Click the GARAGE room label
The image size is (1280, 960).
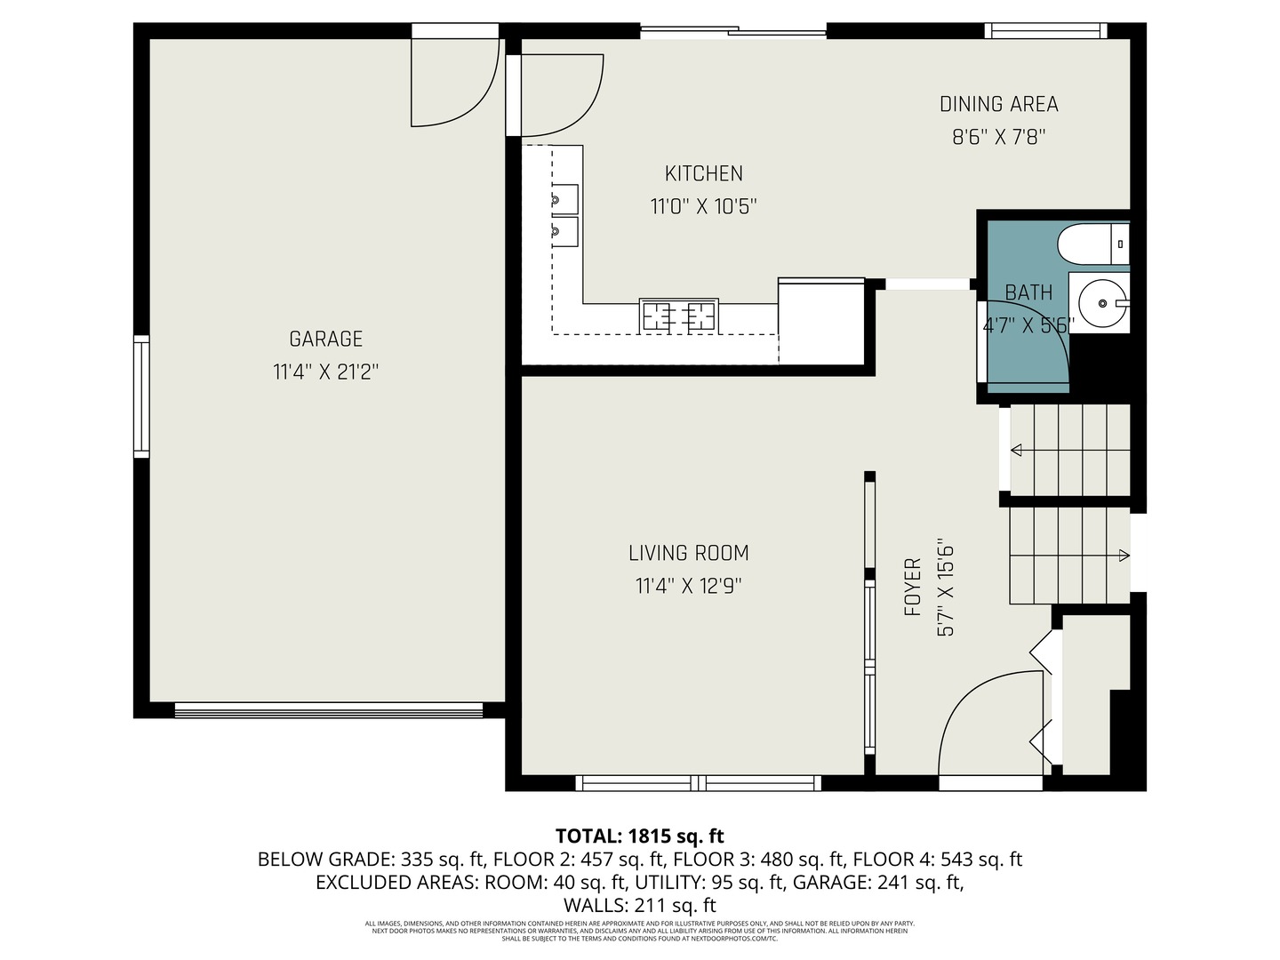pos(325,339)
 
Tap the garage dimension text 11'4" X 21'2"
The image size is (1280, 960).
pos(325,372)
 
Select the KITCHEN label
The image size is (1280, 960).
pos(703,173)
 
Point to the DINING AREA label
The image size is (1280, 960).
pos(998,104)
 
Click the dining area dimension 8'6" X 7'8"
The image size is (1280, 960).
pos(998,138)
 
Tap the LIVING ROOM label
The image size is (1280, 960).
pos(688,553)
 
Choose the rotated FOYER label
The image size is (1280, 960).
pos(912,588)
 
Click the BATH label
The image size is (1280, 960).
pos(1028,292)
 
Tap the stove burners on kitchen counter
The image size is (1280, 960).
pos(679,316)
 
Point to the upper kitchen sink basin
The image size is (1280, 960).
pos(564,197)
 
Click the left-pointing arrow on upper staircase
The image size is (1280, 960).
pos(1016,452)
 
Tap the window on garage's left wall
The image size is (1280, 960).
pos(141,396)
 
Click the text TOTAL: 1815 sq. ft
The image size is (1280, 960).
pos(639,836)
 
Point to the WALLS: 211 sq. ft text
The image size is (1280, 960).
pos(639,906)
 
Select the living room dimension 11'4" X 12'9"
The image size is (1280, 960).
pos(688,587)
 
